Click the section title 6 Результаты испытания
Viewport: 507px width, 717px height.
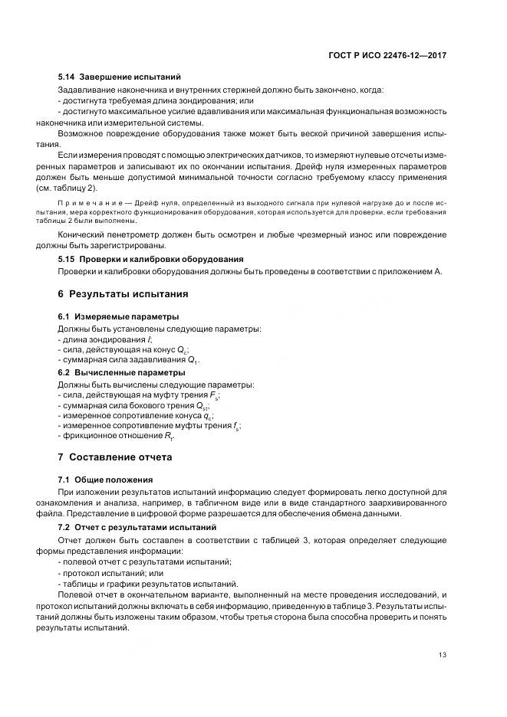point(123,294)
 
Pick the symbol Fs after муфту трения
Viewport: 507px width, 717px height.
point(215,395)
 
